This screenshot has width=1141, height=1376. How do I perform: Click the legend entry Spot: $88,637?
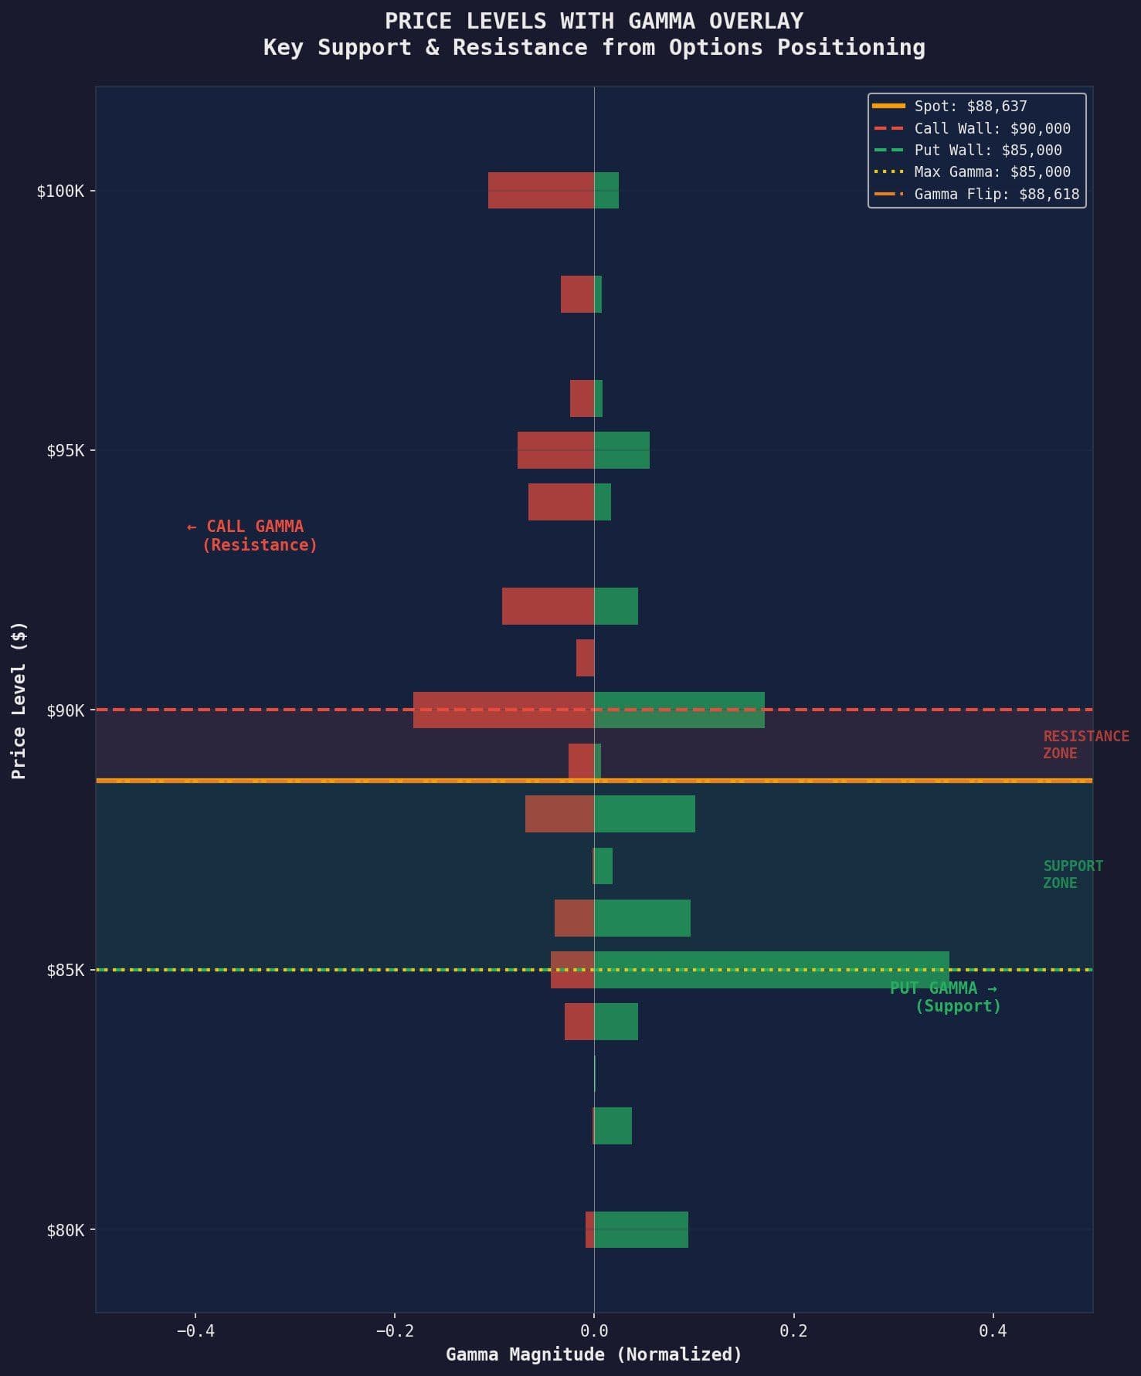tap(970, 107)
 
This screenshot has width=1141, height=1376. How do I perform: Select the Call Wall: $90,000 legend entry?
tap(991, 128)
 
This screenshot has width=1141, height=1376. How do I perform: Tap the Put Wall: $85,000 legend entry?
tap(987, 150)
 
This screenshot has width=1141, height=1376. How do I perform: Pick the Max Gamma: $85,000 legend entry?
tap(991, 171)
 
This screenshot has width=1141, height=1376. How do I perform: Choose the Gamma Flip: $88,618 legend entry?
tap(996, 194)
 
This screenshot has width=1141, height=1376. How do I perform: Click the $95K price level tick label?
tap(65, 450)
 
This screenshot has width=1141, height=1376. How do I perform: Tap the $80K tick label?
tap(65, 1230)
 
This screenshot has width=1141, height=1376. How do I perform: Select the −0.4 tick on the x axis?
tap(195, 1330)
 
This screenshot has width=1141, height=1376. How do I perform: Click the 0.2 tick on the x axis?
tap(793, 1330)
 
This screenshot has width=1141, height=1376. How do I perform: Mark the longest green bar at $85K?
tap(771, 970)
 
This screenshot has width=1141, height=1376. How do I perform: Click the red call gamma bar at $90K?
tap(503, 710)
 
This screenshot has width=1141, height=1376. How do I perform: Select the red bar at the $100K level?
tap(541, 190)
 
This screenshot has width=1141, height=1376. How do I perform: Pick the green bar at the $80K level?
tap(640, 1229)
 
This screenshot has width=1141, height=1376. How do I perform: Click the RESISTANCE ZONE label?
tap(1085, 744)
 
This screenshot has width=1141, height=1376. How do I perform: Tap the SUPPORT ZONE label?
tap(1072, 874)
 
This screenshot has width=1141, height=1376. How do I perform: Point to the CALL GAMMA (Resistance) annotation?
tap(253, 535)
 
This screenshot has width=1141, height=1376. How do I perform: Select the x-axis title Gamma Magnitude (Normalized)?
tap(593, 1354)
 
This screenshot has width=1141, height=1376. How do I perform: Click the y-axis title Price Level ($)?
tap(19, 700)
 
